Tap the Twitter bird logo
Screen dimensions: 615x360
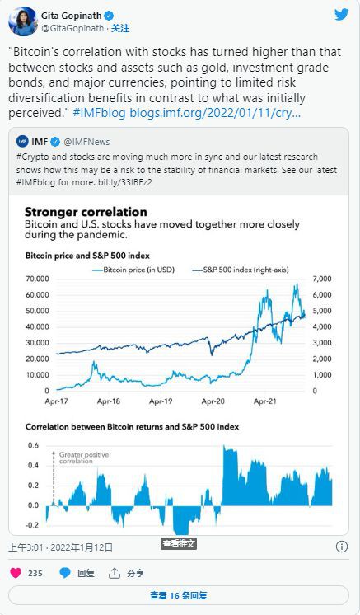[340, 15]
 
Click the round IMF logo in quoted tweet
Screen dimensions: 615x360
[24, 142]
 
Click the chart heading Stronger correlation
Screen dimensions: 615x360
[86, 212]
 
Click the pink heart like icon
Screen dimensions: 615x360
[15, 572]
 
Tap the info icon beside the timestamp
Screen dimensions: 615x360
[341, 547]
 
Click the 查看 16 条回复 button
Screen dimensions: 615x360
[179, 595]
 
